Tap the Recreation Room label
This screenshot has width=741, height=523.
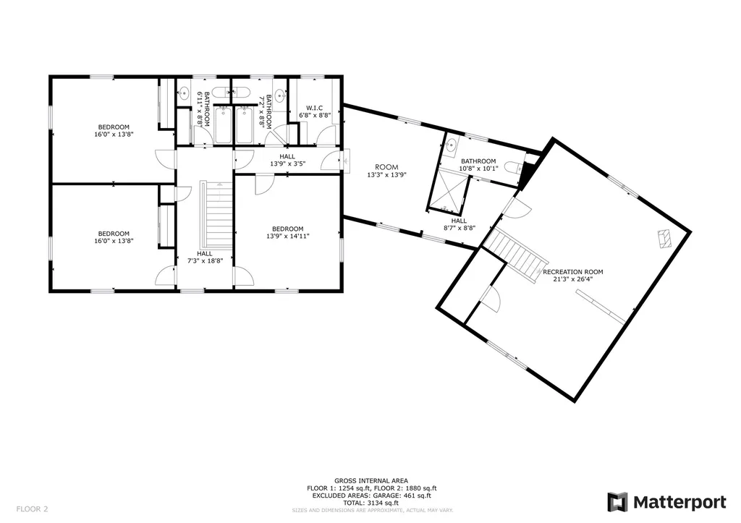point(573,272)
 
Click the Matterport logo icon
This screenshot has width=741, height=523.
point(617,502)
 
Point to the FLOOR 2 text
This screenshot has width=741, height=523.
point(32,509)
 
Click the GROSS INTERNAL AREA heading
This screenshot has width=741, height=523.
point(371,481)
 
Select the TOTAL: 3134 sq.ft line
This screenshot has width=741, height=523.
point(371,503)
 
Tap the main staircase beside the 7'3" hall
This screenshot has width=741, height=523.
point(216,215)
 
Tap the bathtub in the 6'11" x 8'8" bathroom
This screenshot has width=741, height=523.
point(222,124)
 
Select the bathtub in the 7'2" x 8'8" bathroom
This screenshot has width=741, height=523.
point(245,124)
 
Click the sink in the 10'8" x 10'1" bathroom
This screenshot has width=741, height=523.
point(452,145)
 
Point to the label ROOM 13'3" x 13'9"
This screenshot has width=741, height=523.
point(386,171)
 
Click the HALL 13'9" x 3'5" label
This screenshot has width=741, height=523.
point(287,160)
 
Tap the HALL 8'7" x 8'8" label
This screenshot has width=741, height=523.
point(459,224)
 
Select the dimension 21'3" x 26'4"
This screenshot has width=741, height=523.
point(573,279)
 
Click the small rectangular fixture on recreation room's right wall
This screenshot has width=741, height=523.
point(664,239)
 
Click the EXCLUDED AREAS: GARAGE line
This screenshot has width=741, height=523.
point(371,496)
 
